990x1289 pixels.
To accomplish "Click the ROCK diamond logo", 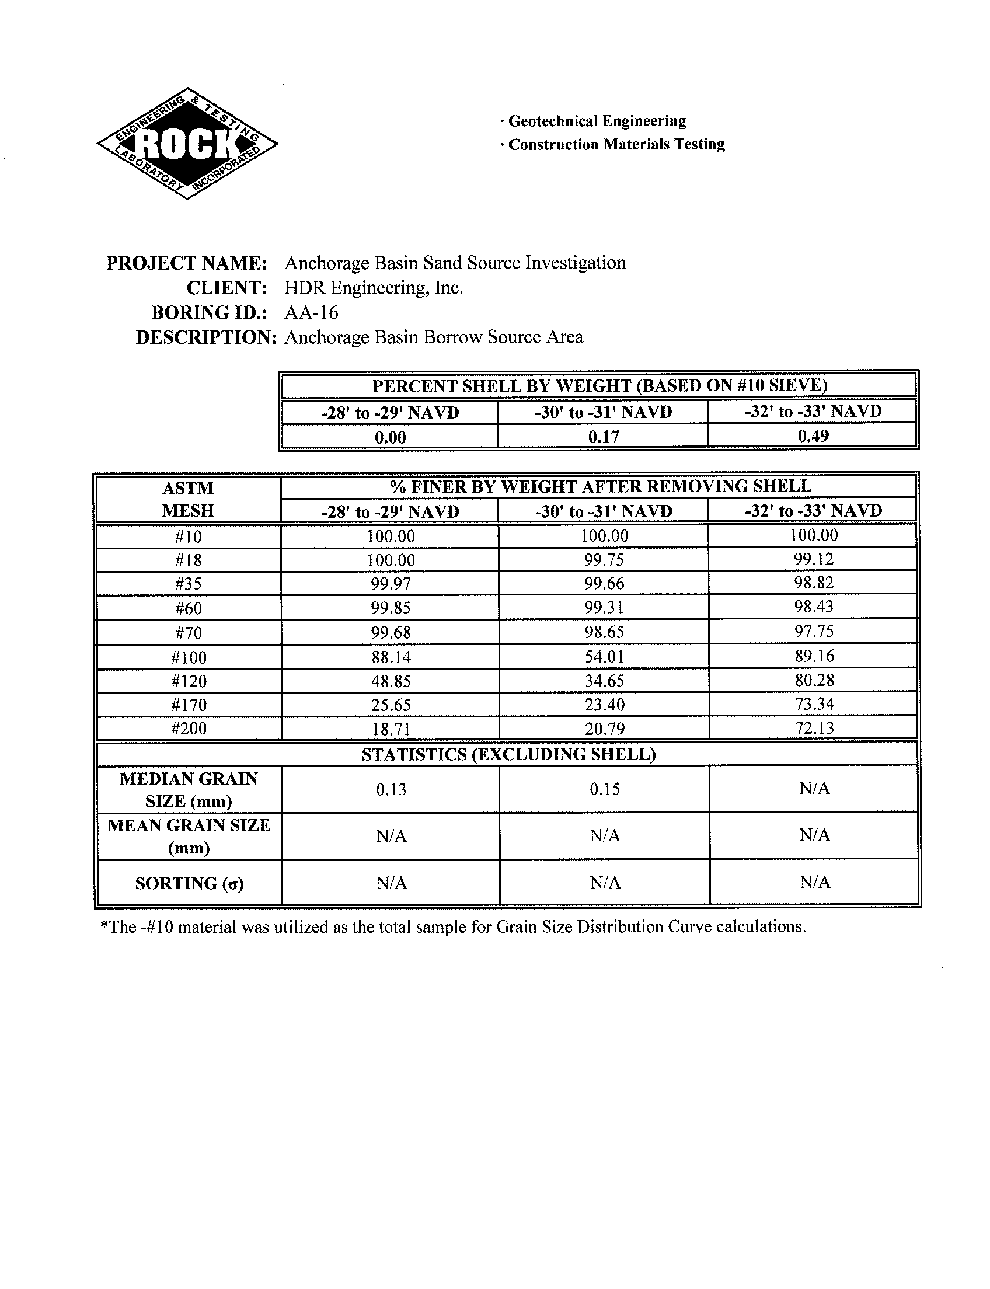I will [x=187, y=143].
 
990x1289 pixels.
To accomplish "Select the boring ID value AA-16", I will [x=311, y=312].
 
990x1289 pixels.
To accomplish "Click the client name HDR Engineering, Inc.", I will [x=374, y=288].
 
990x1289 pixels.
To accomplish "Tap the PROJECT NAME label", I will [x=187, y=263].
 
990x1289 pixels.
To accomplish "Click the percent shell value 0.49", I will [x=813, y=436].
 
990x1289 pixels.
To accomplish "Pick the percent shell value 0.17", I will [x=604, y=437].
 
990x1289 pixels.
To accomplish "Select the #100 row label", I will [x=189, y=657].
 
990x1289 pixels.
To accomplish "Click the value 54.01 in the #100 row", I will [x=604, y=656].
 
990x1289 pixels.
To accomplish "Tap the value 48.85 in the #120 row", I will [x=391, y=681].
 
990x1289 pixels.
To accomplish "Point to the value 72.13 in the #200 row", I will [x=814, y=728].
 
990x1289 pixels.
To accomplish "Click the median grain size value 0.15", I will [x=605, y=789].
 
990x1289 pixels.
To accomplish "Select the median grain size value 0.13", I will [x=391, y=789].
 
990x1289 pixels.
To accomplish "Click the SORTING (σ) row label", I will [x=189, y=883].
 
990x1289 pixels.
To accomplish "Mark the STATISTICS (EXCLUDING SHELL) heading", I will [x=508, y=754].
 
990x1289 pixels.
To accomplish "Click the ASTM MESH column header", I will [x=188, y=499].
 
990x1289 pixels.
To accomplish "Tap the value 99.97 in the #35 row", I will [x=391, y=584].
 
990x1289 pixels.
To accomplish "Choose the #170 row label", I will [x=189, y=705].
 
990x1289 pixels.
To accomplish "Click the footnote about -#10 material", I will [x=452, y=927].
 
